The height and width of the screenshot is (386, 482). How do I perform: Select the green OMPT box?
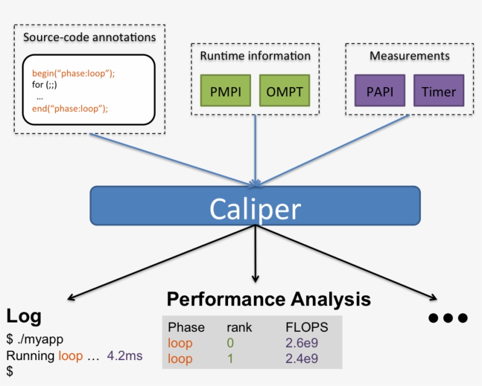[284, 91]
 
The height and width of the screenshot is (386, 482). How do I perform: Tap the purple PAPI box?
[380, 91]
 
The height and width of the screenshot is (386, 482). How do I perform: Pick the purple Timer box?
[439, 91]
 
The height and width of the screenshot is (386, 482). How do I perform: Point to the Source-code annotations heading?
[89, 38]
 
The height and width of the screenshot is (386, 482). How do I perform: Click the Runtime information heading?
[255, 56]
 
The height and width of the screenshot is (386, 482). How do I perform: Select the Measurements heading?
[409, 56]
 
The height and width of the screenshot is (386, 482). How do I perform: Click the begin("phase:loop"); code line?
[73, 74]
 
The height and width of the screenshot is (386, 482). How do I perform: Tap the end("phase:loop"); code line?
[70, 108]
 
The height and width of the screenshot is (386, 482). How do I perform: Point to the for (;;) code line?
[45, 85]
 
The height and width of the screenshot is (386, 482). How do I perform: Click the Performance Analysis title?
[269, 299]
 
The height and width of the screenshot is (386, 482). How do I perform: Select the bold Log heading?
[24, 317]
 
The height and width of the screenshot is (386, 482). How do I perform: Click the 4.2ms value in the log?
[125, 356]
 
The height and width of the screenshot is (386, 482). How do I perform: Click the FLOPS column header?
[307, 327]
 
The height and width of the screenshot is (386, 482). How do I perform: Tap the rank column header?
[239, 327]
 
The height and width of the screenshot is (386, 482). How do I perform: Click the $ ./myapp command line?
[35, 340]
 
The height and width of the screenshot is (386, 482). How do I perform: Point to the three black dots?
[448, 318]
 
